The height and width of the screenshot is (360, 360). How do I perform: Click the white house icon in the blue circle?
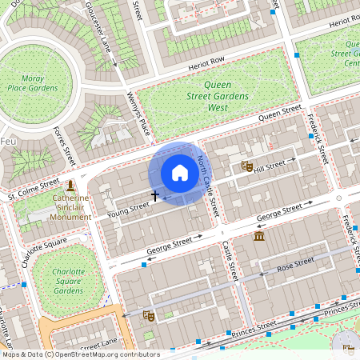click(x=180, y=172)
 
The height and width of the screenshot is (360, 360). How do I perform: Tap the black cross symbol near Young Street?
click(x=155, y=195)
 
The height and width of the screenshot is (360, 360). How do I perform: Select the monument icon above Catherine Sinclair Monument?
click(x=70, y=186)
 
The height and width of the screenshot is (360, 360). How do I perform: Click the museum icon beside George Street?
click(x=258, y=238)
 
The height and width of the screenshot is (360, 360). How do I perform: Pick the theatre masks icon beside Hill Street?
click(x=247, y=166)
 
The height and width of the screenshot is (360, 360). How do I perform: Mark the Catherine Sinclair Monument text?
click(x=70, y=206)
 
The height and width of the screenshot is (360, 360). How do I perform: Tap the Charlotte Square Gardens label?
click(x=69, y=281)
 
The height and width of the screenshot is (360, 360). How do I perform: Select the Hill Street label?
click(x=270, y=166)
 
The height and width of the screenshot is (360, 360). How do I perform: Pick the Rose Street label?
click(x=294, y=264)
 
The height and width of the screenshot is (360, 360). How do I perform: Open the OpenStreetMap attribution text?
click(x=80, y=354)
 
